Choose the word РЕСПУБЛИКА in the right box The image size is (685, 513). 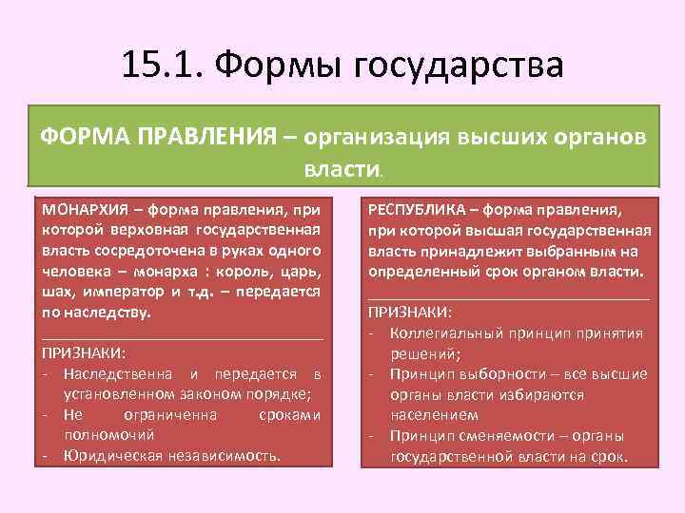tap(420, 209)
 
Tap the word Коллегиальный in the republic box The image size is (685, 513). tap(441, 332)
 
